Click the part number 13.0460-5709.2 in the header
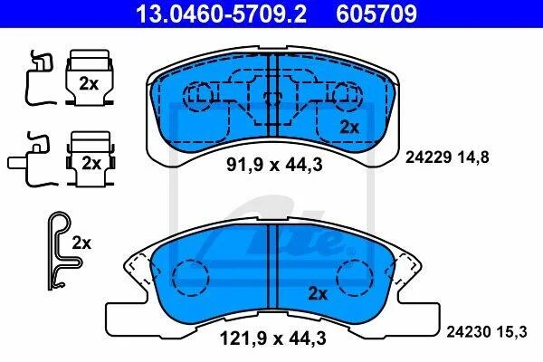221,14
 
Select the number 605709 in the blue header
376,14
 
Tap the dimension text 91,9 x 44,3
274,165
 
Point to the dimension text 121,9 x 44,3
273,338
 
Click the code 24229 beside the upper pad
428,157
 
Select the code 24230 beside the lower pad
469,332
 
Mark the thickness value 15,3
512,332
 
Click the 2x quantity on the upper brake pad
349,127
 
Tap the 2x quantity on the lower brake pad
318,294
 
